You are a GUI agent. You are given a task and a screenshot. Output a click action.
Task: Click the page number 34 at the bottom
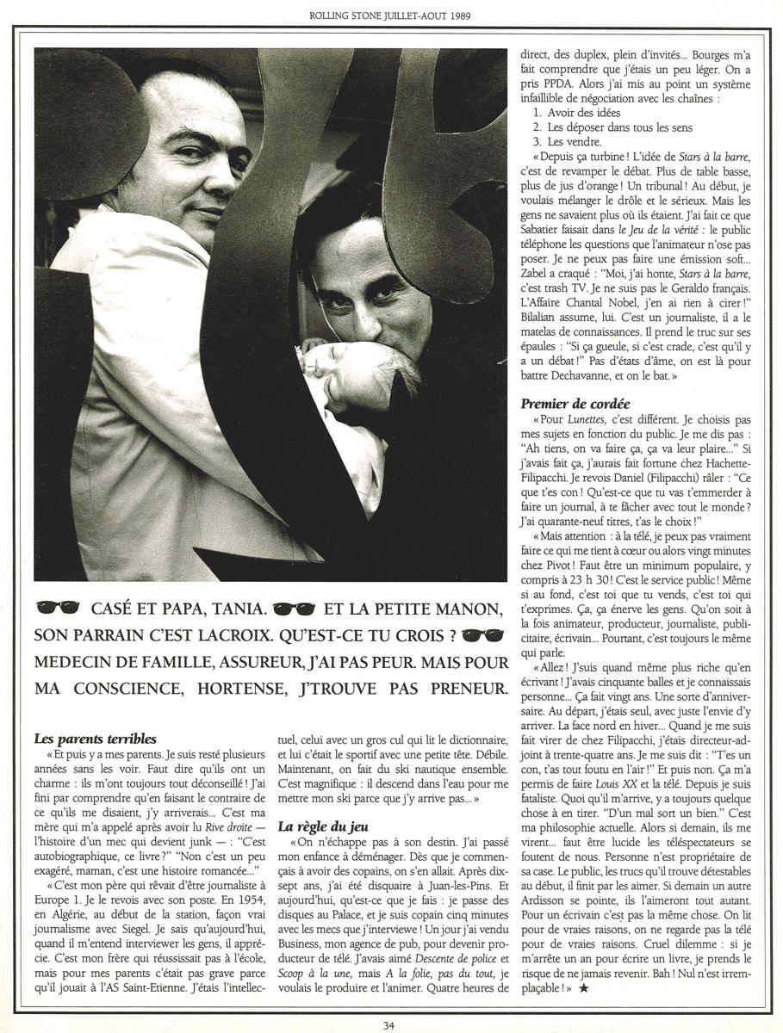392,1024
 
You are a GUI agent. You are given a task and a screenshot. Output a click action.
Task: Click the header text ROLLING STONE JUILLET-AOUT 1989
390,15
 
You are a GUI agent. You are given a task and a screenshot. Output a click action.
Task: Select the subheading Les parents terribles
95,738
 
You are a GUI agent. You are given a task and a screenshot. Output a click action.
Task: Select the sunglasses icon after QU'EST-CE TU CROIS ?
482,636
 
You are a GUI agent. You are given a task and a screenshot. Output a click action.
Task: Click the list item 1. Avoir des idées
575,113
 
